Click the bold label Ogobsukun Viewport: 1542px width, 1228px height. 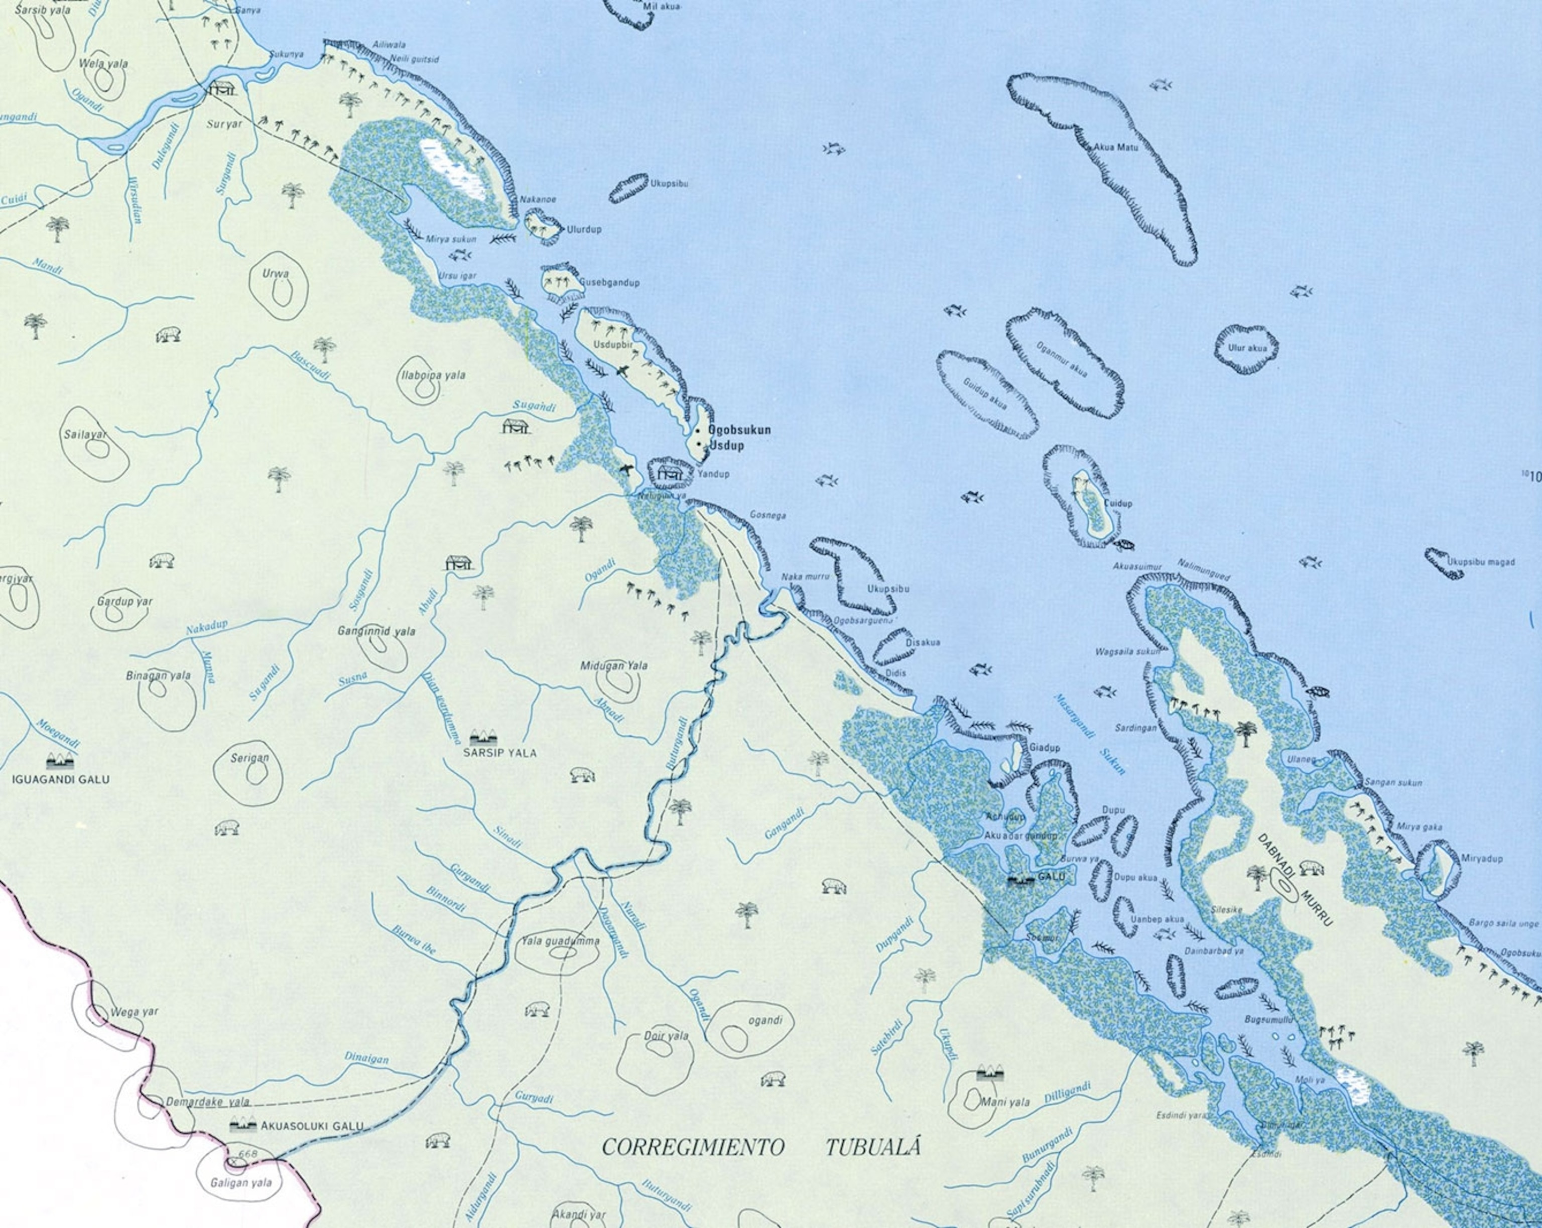click(739, 430)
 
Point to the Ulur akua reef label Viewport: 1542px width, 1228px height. click(1247, 348)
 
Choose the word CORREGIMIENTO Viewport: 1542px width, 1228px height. click(692, 1147)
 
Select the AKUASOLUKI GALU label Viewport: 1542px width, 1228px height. click(312, 1126)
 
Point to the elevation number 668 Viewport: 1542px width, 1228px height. click(248, 1154)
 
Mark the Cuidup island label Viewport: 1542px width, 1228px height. click(1118, 503)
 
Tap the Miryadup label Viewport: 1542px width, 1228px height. click(1481, 858)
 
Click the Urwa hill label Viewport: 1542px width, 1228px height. click(276, 273)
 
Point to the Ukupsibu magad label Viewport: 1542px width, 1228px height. click(1480, 562)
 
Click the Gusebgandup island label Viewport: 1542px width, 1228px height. click(609, 283)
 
